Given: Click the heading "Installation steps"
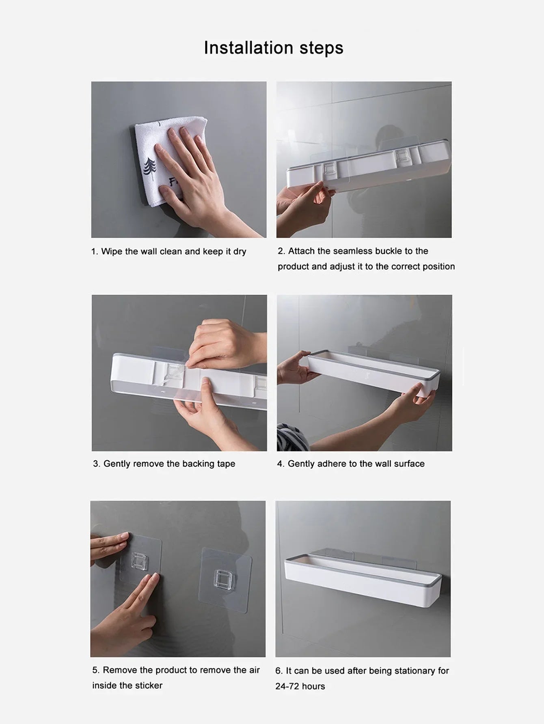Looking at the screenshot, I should [x=273, y=48].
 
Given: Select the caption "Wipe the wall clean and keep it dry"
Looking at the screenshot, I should [x=173, y=251].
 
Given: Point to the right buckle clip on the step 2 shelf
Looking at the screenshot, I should [x=403, y=156].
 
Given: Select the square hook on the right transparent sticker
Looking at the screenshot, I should [x=223, y=580].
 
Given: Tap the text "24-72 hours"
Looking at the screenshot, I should [x=300, y=686].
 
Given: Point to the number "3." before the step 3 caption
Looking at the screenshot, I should [x=97, y=464].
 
